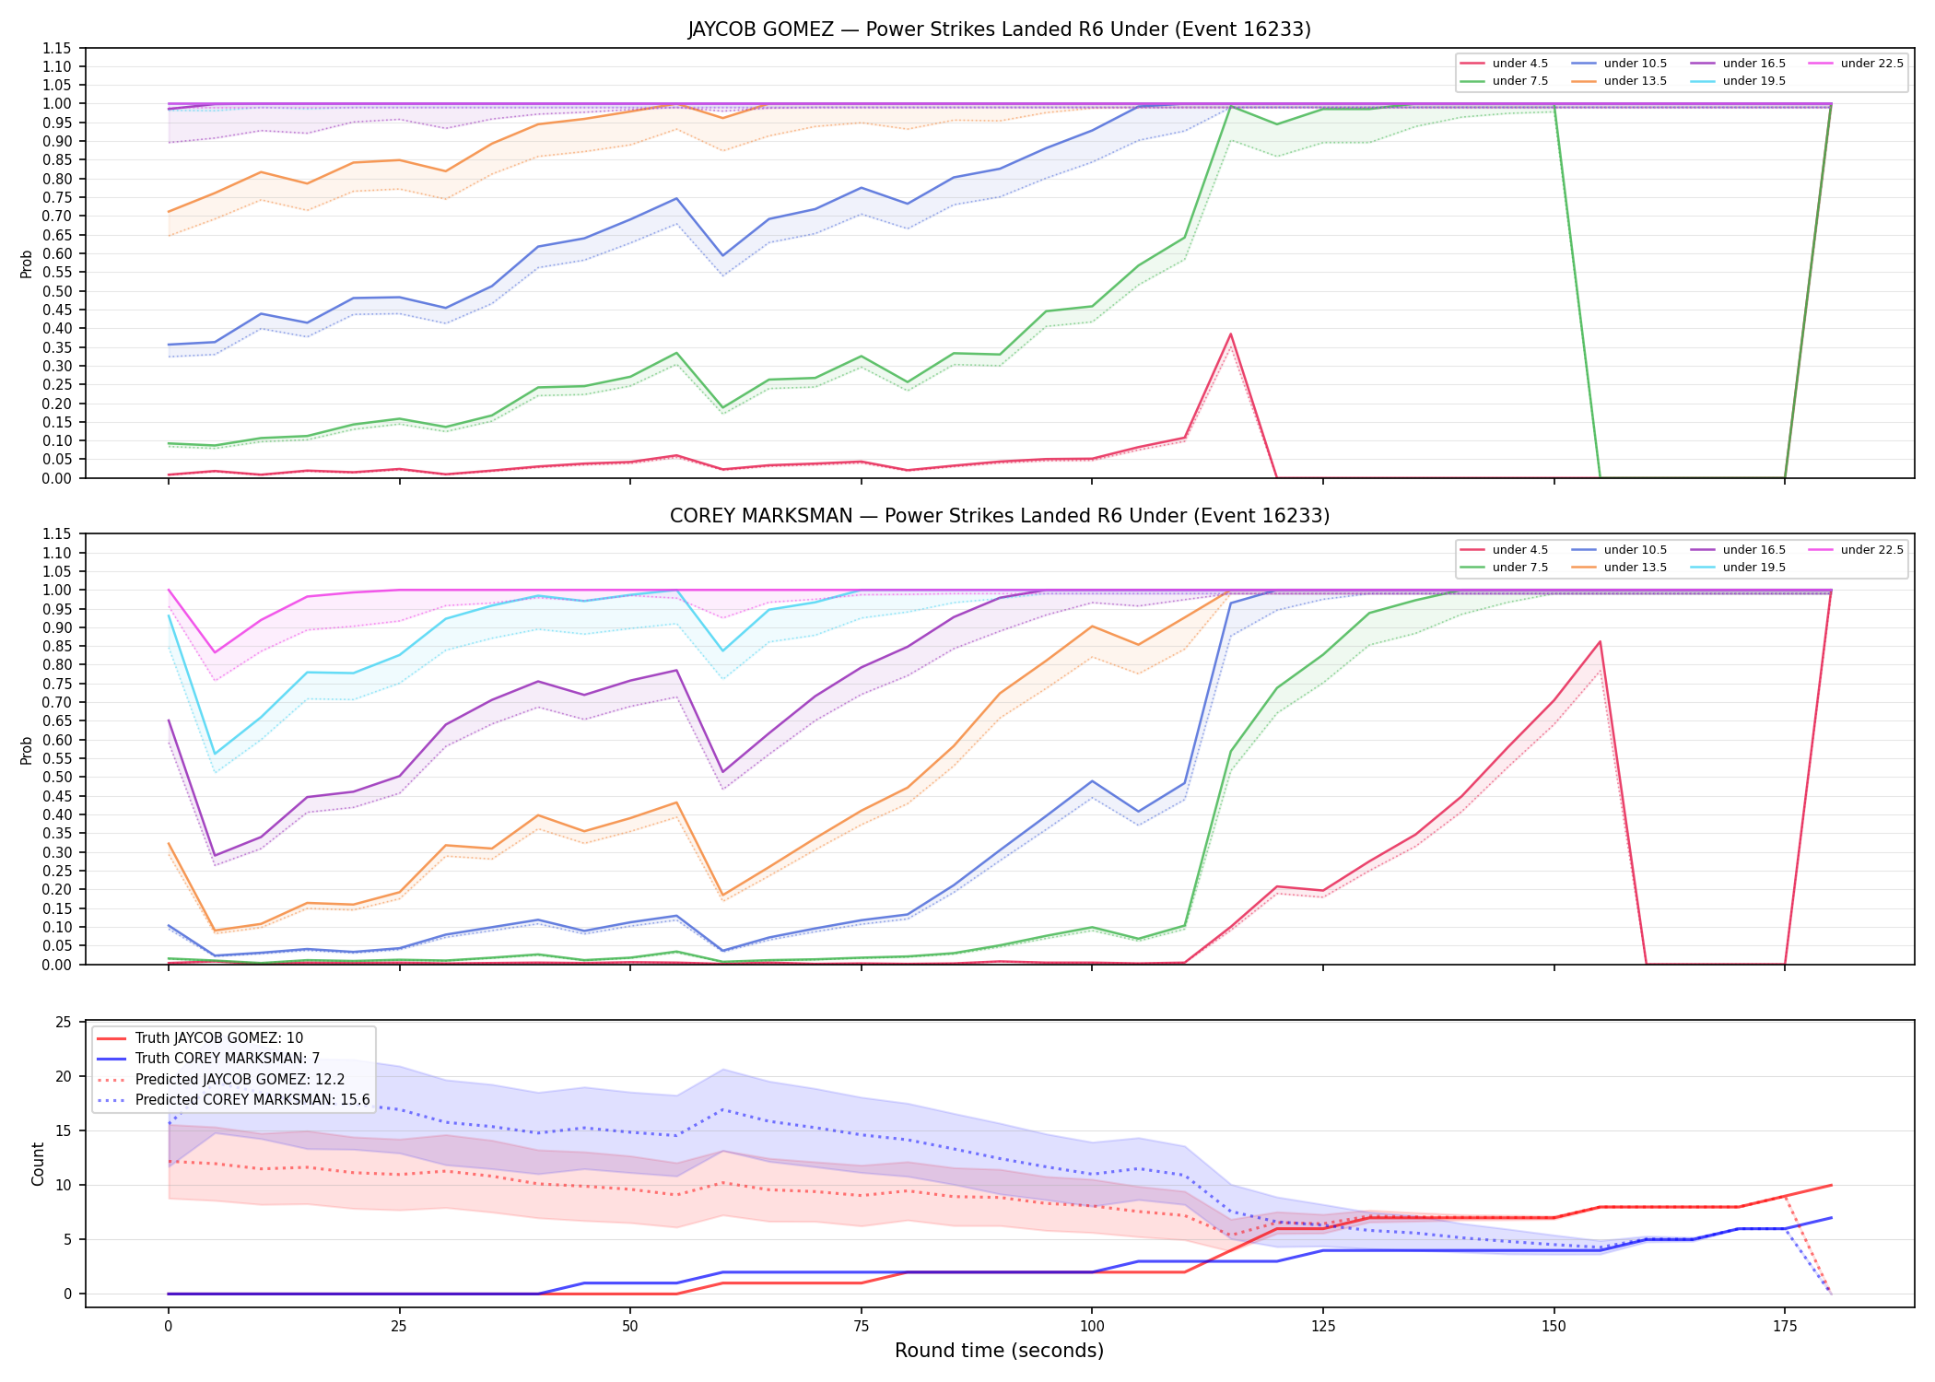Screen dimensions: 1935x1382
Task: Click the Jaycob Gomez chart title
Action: pos(999,29)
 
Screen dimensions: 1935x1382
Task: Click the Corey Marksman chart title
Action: pos(999,516)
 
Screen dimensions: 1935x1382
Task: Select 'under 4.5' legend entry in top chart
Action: pos(1504,64)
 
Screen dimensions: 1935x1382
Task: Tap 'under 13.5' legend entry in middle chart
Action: pos(1619,568)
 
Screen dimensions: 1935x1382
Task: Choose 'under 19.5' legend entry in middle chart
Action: pos(1738,568)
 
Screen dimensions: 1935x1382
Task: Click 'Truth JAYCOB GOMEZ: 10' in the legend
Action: pos(200,1038)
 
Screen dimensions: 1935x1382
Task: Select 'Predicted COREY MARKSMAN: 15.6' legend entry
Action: pos(233,1100)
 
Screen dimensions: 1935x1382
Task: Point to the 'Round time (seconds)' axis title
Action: pos(999,1351)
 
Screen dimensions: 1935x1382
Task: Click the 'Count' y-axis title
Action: pos(38,1164)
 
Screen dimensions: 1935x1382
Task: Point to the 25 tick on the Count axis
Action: pos(64,1023)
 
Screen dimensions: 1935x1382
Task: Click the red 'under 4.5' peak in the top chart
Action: pos(1230,334)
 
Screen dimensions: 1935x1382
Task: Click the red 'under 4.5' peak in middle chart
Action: pos(1600,642)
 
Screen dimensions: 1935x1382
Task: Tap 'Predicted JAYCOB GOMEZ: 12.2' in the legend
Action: pos(220,1080)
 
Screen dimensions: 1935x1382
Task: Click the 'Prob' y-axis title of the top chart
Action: pos(27,264)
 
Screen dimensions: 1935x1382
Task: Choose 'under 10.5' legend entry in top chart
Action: pos(1619,64)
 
